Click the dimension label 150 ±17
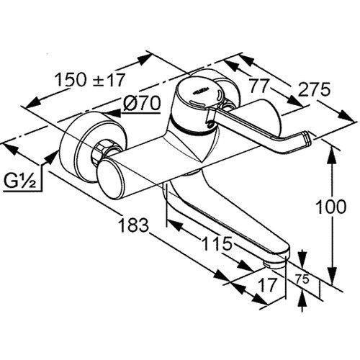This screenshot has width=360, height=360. click(x=90, y=80)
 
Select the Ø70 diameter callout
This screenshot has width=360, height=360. click(x=142, y=103)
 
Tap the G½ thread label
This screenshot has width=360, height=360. click(x=20, y=181)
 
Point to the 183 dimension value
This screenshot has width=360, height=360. click(x=134, y=225)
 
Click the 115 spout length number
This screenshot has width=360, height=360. click(x=217, y=243)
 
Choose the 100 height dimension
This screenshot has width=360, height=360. click(x=330, y=206)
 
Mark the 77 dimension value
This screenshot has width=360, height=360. click(x=258, y=85)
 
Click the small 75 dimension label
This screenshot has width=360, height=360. click(x=302, y=280)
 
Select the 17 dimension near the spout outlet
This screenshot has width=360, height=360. click(x=269, y=285)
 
